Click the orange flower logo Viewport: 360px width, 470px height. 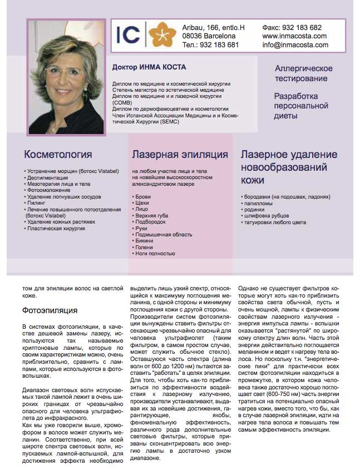click(162, 34)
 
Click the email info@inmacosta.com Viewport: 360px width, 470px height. click(295, 45)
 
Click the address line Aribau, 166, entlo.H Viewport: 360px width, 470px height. click(213, 27)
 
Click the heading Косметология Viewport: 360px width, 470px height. click(58, 155)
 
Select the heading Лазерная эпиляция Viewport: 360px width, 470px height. click(180, 155)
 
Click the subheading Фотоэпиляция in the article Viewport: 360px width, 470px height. click(50, 310)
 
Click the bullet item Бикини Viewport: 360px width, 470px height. click(145, 241)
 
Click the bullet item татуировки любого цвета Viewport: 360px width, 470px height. click(275, 222)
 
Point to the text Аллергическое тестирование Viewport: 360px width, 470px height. click(304, 73)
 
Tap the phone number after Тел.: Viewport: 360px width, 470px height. click(219, 45)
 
